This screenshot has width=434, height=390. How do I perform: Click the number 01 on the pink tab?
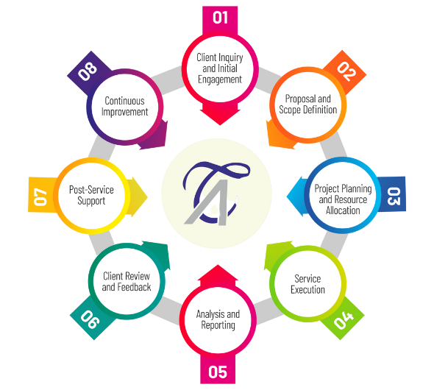[221, 18]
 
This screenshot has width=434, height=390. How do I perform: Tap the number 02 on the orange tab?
[346, 71]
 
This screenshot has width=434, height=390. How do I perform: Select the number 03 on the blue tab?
[394, 196]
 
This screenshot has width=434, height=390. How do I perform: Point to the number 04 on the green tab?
[344, 320]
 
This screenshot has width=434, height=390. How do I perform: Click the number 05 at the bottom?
[218, 372]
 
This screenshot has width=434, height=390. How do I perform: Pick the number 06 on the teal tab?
[90, 319]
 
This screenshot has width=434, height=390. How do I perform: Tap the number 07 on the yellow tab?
[40, 197]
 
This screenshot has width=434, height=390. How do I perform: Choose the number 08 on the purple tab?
[88, 71]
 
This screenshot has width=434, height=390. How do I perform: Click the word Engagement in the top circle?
[220, 79]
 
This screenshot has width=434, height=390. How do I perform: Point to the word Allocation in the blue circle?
[343, 210]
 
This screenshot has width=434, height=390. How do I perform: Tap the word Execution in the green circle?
[307, 289]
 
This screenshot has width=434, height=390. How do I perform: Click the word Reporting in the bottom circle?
[218, 325]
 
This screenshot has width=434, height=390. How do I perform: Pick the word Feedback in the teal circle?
[134, 287]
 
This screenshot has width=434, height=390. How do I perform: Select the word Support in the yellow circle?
[91, 201]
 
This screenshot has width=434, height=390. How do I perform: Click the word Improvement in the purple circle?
[124, 112]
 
